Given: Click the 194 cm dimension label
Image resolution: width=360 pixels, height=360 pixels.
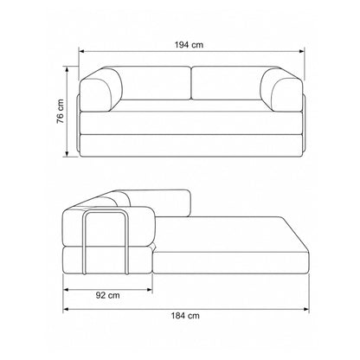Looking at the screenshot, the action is tap(189, 45).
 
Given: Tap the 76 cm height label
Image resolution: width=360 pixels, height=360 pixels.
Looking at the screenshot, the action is tap(61, 112).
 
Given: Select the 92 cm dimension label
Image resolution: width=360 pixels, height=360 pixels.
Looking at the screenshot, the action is tap(107, 295).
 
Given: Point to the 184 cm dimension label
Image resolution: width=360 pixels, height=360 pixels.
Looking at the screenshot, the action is tap(185, 315).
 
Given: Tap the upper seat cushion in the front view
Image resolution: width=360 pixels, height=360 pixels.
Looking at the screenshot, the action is tap(191, 123).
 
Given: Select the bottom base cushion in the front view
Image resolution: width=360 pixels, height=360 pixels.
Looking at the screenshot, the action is tap(191, 145).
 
